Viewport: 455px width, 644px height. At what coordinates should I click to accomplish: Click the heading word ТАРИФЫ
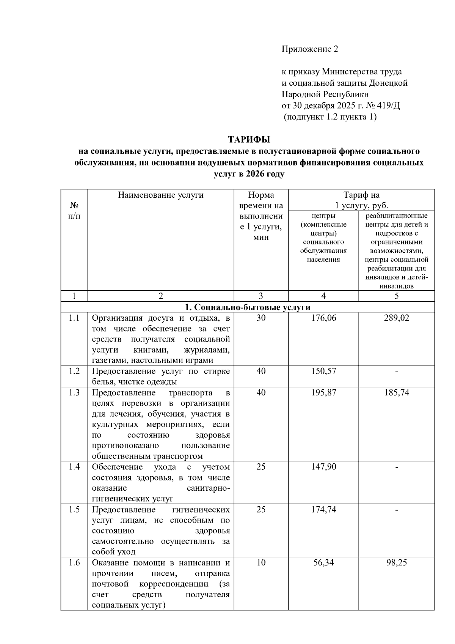[249, 139]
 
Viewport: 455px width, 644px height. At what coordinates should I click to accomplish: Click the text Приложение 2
[309, 49]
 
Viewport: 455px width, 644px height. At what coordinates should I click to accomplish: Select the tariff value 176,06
[323, 318]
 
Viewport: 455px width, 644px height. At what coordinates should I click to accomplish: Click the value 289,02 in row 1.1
[396, 318]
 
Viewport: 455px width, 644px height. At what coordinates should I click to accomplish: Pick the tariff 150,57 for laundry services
[323, 371]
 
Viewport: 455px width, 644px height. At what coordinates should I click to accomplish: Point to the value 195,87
[323, 392]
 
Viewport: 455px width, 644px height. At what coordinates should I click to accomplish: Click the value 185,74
[396, 392]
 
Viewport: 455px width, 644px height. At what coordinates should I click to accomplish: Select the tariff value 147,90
[323, 467]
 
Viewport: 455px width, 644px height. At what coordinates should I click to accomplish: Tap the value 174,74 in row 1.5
[323, 509]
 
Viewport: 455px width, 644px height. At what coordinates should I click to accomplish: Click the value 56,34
[323, 562]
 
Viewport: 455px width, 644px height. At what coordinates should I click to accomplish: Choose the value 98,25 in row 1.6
[396, 562]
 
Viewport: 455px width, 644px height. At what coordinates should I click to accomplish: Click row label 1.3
[74, 392]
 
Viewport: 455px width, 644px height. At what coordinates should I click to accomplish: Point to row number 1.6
[74, 562]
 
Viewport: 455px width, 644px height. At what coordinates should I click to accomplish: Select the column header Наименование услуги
[161, 195]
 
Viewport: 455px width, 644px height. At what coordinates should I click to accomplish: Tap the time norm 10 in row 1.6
[261, 562]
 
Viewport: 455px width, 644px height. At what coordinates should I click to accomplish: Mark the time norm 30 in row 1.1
[261, 318]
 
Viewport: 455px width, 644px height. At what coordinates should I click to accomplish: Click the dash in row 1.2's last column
[396, 372]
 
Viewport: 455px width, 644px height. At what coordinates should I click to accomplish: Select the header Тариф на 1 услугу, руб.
[361, 200]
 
